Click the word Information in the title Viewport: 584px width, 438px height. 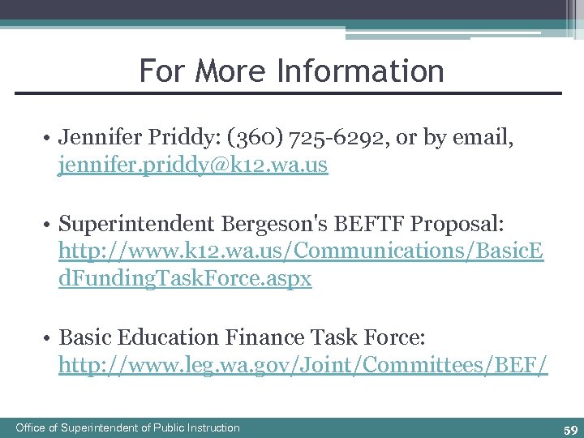click(x=360, y=71)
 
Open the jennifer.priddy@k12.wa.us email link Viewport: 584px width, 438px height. click(x=193, y=167)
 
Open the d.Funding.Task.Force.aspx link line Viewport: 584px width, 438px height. click(x=185, y=280)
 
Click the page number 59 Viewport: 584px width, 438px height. click(x=570, y=429)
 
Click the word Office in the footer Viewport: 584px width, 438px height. click(x=31, y=427)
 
